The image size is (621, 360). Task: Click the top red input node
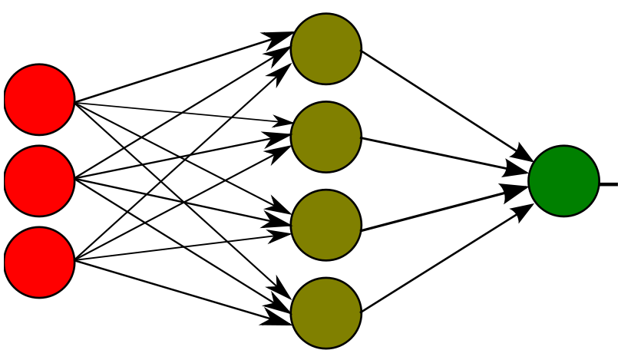point(40,99)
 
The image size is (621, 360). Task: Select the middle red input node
point(40,180)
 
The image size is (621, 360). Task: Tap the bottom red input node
point(40,262)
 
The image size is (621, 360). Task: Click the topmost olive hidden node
point(326,48)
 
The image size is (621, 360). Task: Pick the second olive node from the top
point(326,137)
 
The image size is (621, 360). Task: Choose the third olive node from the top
point(326,225)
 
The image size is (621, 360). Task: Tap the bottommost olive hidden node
point(326,313)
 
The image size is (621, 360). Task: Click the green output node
point(563,180)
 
